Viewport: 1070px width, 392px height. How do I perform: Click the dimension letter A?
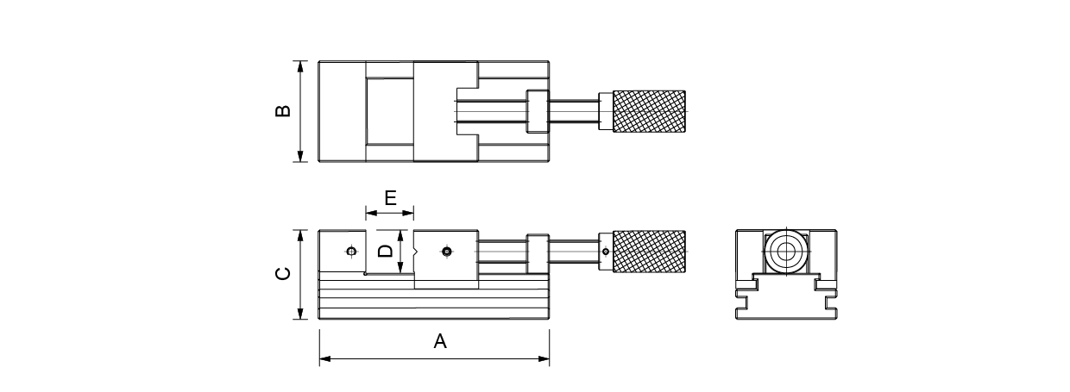tap(440, 342)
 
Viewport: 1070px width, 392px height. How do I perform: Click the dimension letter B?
tap(283, 111)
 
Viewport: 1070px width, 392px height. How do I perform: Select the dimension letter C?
tap(283, 275)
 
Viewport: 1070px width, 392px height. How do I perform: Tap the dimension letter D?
tap(387, 252)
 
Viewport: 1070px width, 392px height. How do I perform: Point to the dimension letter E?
tap(390, 198)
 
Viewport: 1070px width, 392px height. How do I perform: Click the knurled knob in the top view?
tap(649, 112)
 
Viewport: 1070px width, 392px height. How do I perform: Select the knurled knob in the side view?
tap(649, 252)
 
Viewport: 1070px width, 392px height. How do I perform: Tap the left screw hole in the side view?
tap(350, 252)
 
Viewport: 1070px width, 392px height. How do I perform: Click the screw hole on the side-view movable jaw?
tap(445, 252)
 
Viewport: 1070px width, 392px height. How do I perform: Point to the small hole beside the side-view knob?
tap(606, 252)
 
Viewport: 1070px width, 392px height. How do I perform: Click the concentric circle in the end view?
tap(785, 252)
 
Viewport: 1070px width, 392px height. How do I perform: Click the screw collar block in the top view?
tap(537, 112)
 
